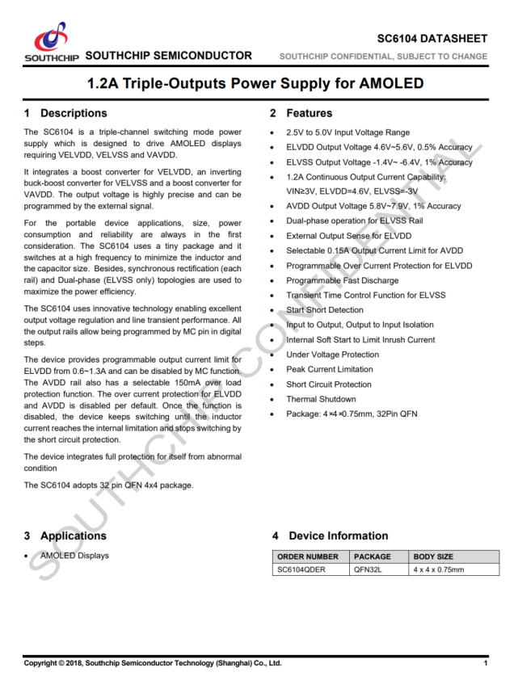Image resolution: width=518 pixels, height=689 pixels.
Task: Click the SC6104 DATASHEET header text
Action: tap(432, 39)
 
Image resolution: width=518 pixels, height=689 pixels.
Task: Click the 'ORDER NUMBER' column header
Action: tap(308, 557)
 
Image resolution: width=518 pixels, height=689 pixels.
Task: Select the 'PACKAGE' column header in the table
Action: tap(372, 557)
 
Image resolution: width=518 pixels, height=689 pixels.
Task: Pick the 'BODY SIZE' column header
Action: tap(433, 557)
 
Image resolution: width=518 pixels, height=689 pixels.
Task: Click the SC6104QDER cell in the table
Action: tap(301, 569)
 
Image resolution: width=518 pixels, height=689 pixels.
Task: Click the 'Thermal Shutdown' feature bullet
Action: tap(320, 399)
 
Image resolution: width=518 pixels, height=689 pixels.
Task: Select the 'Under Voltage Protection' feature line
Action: tap(332, 355)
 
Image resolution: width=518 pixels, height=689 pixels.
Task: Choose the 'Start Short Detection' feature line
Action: tap(324, 310)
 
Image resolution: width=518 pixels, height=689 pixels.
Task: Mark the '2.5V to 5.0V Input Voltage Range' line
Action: tap(347, 132)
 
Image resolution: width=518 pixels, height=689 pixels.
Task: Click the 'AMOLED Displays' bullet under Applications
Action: tap(74, 556)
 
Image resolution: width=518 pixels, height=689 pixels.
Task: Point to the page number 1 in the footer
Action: tap(486, 663)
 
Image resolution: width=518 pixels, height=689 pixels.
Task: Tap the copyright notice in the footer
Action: tap(153, 663)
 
